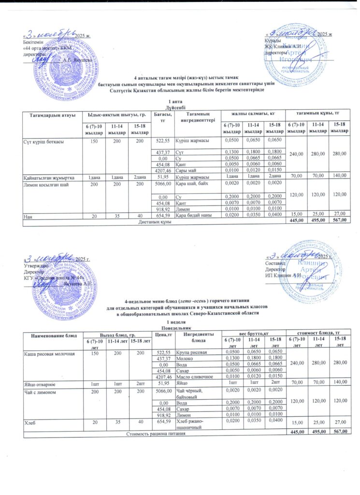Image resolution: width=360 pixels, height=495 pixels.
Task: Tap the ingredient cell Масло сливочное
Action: (195, 375)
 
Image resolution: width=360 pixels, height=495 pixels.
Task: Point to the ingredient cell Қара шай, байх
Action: (194, 184)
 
